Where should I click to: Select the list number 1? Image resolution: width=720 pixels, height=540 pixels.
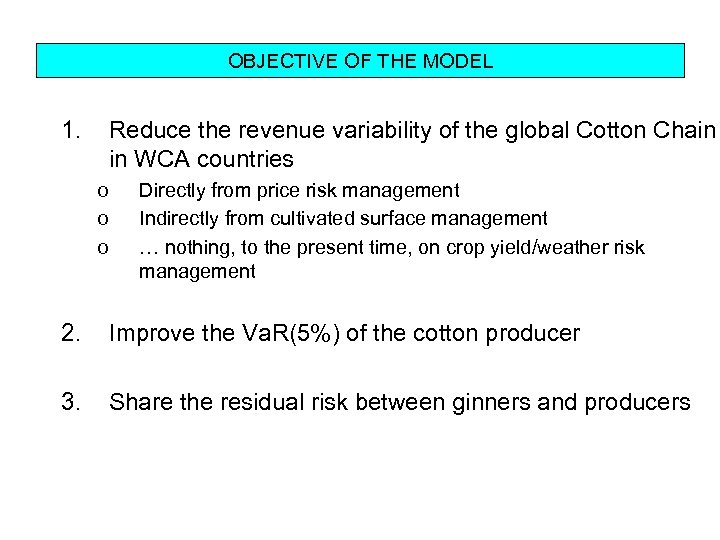pyautogui.click(x=70, y=130)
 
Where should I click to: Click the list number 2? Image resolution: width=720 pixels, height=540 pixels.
pyautogui.click(x=70, y=334)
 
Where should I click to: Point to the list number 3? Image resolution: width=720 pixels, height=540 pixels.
pyautogui.click(x=70, y=403)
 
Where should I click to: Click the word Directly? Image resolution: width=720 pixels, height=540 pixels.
pyautogui.click(x=171, y=190)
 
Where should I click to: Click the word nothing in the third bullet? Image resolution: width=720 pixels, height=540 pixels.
pyautogui.click(x=196, y=245)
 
